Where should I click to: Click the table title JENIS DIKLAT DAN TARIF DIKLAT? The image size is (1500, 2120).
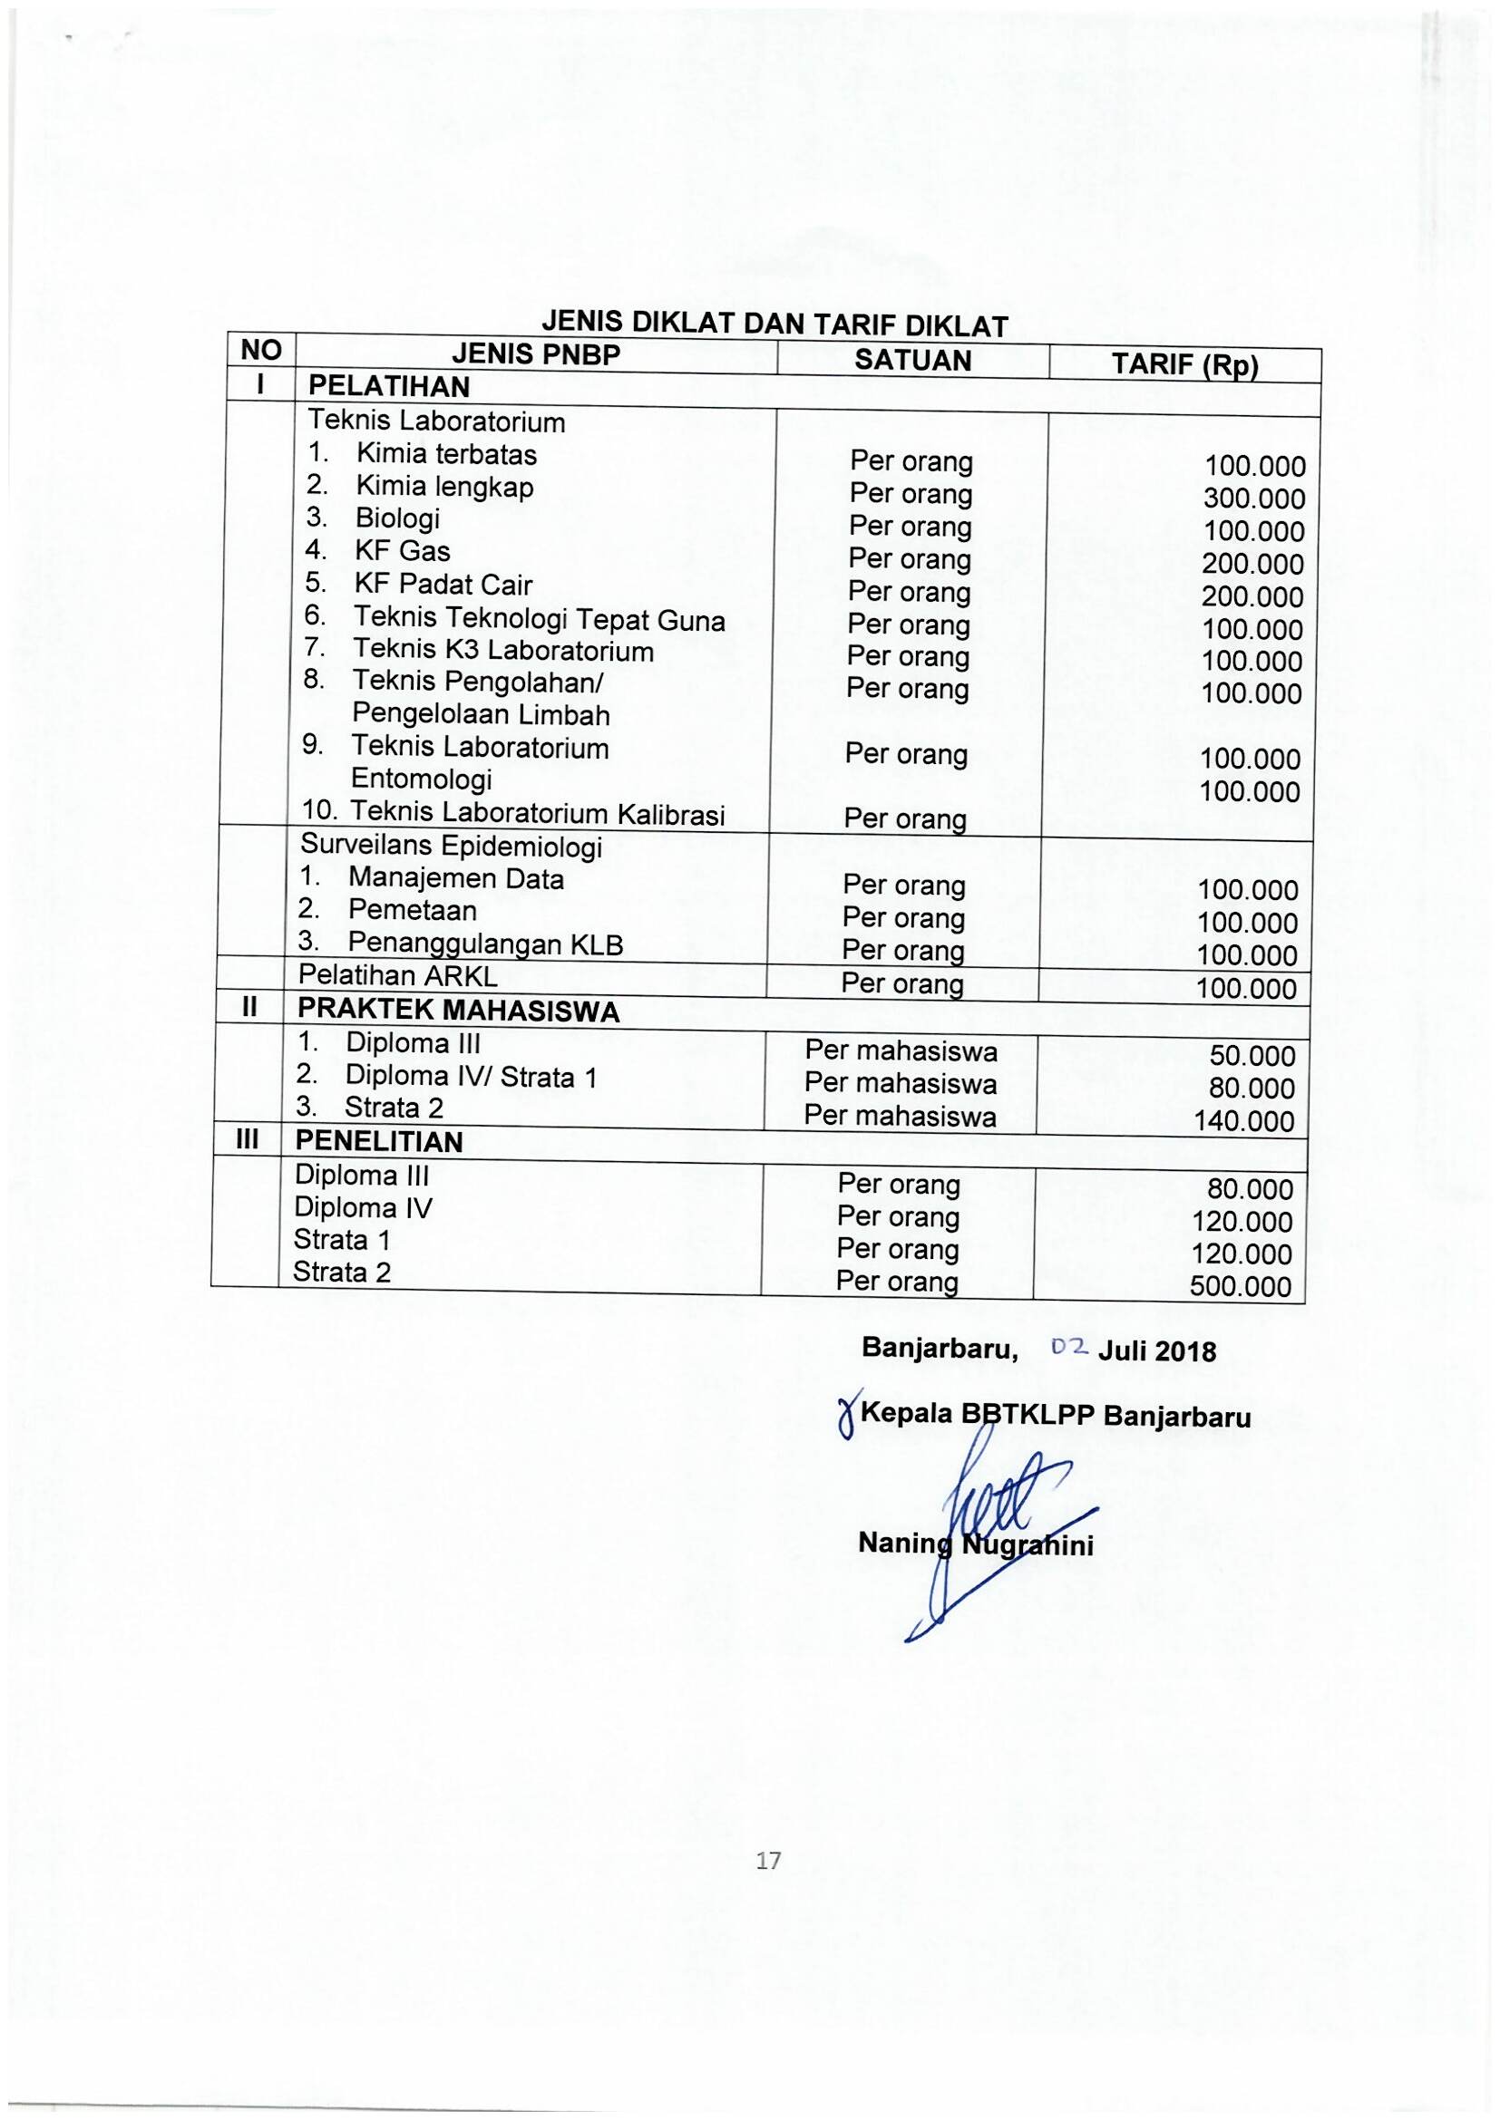tap(773, 324)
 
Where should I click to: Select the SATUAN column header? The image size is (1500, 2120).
tap(912, 360)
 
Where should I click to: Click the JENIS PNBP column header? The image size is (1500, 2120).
tap(536, 353)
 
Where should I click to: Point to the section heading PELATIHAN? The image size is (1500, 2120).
tap(389, 386)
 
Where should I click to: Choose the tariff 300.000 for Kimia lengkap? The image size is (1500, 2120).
tap(1254, 499)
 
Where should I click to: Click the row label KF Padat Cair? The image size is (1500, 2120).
tap(443, 585)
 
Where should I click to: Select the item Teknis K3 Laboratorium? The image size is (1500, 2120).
tap(503, 651)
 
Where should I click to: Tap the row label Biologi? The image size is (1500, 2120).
tap(397, 519)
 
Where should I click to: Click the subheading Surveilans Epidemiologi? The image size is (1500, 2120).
tap(452, 846)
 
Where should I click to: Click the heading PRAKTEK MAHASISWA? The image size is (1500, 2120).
tap(458, 1012)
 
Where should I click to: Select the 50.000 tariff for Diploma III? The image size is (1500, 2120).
tap(1252, 1056)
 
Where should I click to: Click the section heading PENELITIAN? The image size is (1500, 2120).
tap(379, 1142)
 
